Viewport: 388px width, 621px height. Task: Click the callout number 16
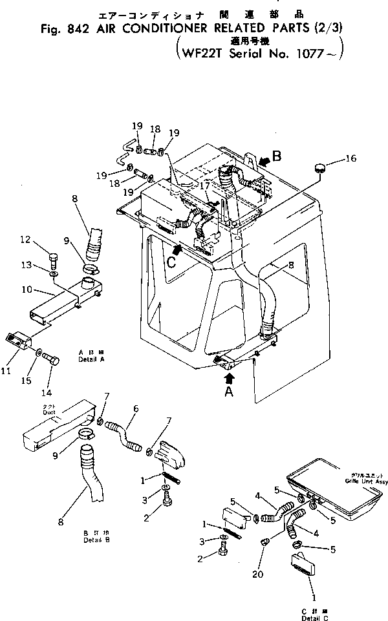[x=350, y=158]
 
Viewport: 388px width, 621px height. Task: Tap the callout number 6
[x=136, y=408]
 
